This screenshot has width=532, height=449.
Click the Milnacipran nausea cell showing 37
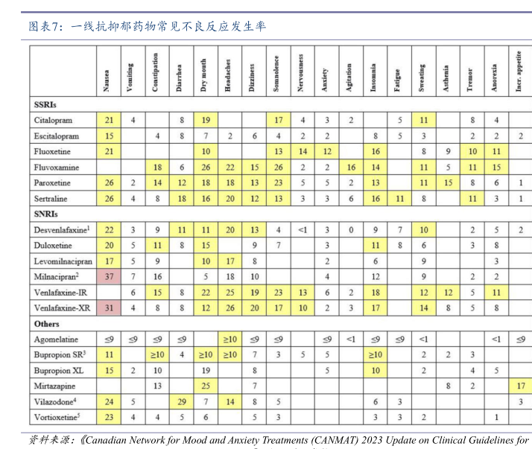pyautogui.click(x=109, y=276)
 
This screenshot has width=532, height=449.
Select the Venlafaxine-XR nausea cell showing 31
pyautogui.click(x=109, y=308)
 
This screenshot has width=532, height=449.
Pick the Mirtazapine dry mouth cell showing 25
pyautogui.click(x=204, y=386)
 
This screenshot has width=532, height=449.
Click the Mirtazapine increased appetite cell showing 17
pyautogui.click(x=520, y=386)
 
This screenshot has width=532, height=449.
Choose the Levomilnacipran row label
pyautogui.click(x=63, y=261)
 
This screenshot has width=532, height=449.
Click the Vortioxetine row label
pyautogui.click(x=57, y=417)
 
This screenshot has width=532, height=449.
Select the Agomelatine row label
pyautogui.click(x=57, y=340)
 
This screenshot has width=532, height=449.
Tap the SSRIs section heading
pyautogui.click(x=45, y=104)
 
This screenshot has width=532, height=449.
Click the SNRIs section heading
pyautogui.click(x=46, y=214)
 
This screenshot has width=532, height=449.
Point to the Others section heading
pyautogui.click(x=48, y=324)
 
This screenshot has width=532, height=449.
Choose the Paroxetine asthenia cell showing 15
pyautogui.click(x=447, y=183)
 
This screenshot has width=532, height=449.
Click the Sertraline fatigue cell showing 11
pyautogui.click(x=399, y=199)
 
